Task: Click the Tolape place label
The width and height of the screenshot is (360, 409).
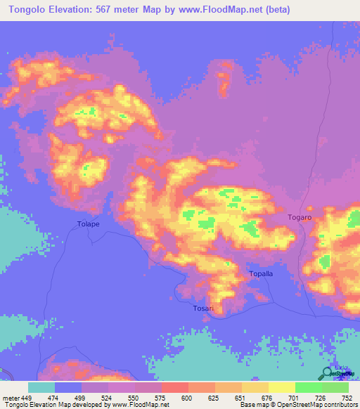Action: tap(88, 224)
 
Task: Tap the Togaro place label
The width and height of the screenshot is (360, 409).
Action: tap(299, 218)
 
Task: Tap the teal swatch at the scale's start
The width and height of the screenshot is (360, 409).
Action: tap(41, 387)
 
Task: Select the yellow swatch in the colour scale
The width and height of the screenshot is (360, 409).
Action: tap(281, 387)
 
